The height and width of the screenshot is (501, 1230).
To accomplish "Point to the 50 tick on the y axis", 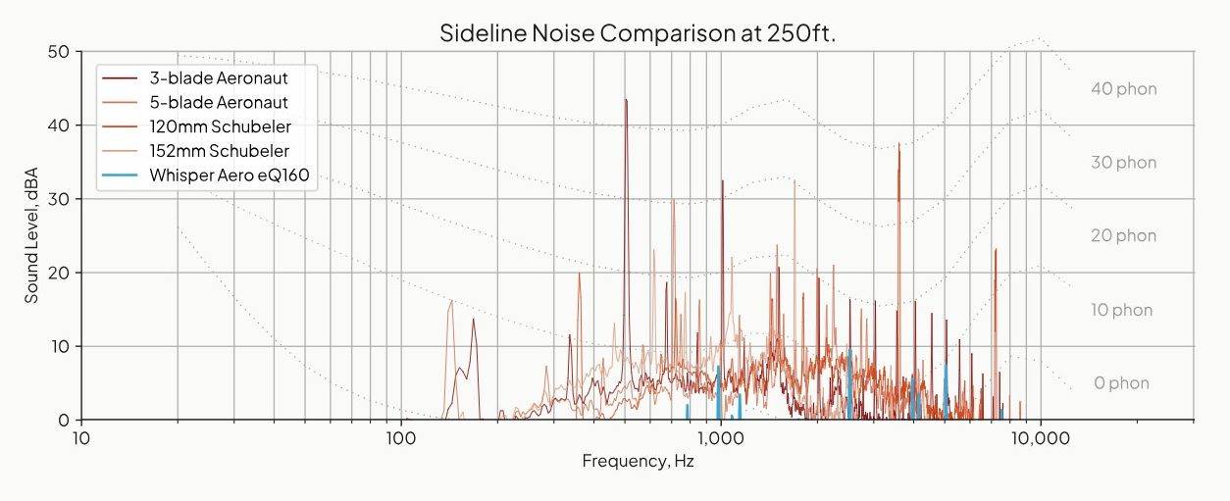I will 58,51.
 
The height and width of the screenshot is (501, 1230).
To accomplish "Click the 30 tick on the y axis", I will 58,199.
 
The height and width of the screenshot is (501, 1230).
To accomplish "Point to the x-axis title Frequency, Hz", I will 638,461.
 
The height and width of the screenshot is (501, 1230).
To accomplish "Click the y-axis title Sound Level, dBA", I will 31,235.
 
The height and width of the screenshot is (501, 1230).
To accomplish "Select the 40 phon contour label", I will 1123,89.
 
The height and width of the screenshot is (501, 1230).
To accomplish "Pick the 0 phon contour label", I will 1121,383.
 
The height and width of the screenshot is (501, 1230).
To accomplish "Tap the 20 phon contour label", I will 1123,236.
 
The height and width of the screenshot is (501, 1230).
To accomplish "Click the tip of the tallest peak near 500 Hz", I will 626,99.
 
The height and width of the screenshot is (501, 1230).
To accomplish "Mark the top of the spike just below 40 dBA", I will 898,144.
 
